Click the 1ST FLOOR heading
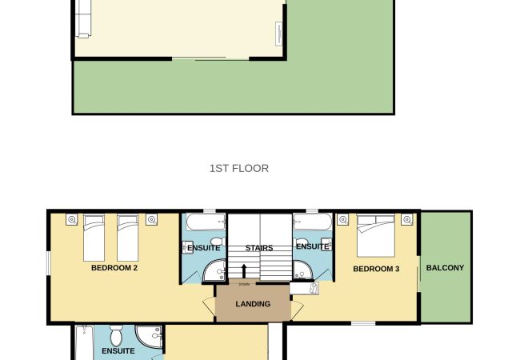click(239, 168)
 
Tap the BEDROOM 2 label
click(114, 268)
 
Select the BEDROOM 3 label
click(376, 269)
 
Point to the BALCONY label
click(445, 268)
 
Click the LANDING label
click(253, 304)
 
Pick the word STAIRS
click(259, 248)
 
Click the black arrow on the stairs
click(244, 271)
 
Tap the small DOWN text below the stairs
click(244, 285)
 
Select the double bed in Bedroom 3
click(376, 236)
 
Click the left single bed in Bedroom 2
click(94, 238)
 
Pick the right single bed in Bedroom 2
click(128, 238)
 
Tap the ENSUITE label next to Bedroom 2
click(204, 248)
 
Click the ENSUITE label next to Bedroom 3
click(312, 246)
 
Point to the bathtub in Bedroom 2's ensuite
click(206, 222)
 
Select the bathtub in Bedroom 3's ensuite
click(313, 222)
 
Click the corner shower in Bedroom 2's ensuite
click(215, 271)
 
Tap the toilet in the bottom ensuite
click(117, 335)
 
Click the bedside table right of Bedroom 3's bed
click(406, 219)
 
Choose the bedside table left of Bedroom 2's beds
click(72, 219)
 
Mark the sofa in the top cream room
click(83, 18)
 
